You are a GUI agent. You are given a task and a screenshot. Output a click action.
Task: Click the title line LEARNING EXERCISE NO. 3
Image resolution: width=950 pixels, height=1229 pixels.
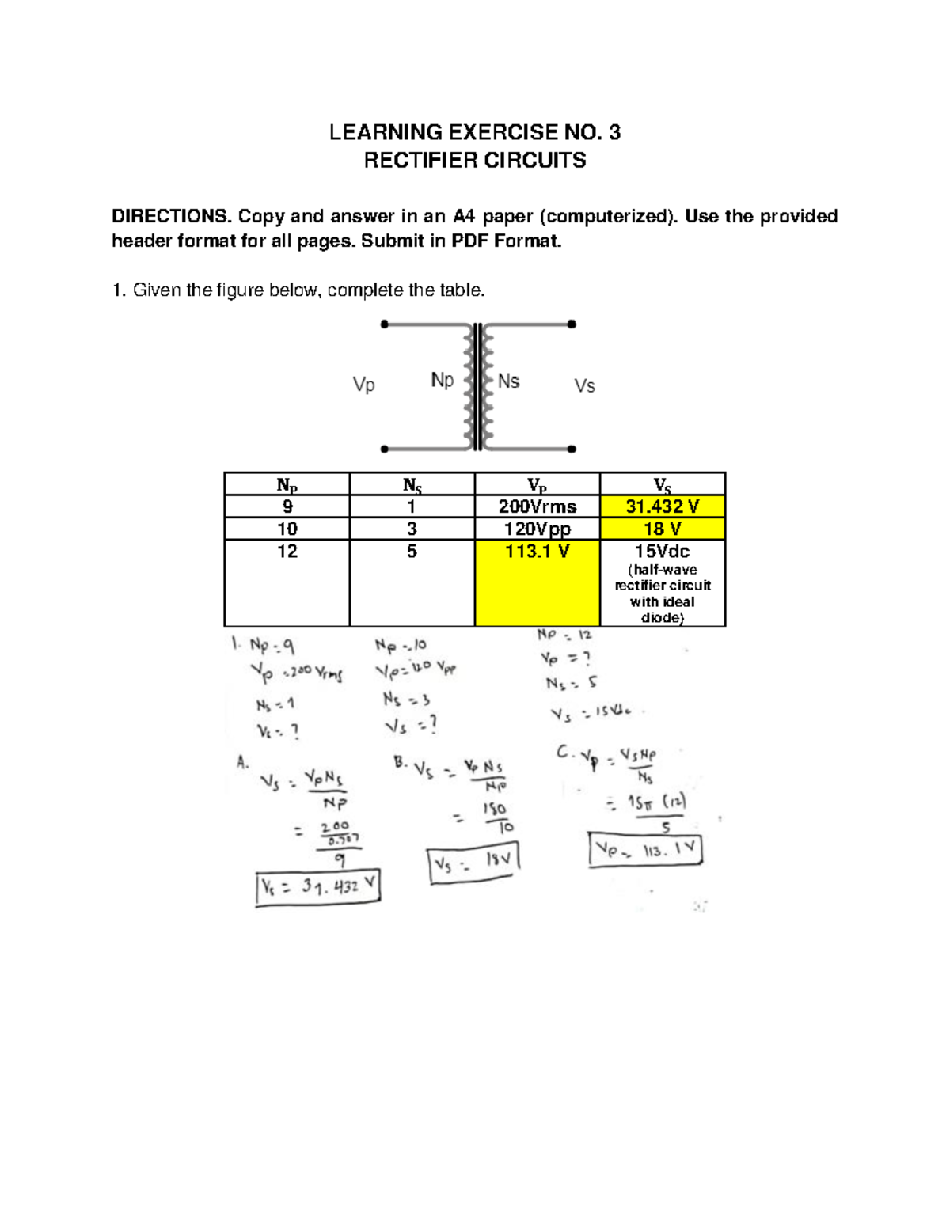pyautogui.click(x=474, y=132)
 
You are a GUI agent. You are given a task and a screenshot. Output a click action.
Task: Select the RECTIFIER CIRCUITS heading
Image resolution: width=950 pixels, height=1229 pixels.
pyautogui.click(x=474, y=161)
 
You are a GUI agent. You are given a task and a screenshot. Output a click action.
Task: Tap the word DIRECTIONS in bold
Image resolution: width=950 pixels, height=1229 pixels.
pyautogui.click(x=170, y=217)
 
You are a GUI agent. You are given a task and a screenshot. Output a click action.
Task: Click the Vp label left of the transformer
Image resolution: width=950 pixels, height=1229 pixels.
pyautogui.click(x=363, y=385)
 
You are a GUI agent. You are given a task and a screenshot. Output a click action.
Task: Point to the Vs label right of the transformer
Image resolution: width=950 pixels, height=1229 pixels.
pyautogui.click(x=584, y=386)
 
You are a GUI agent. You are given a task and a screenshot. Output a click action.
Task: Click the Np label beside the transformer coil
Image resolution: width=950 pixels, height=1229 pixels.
pyautogui.click(x=442, y=381)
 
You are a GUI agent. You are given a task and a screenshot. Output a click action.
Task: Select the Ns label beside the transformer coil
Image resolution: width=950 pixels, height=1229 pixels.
pyautogui.click(x=508, y=381)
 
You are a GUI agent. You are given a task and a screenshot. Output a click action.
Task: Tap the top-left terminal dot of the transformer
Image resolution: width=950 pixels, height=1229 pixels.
pyautogui.click(x=385, y=324)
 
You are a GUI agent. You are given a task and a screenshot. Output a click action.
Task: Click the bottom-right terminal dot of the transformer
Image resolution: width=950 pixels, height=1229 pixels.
pyautogui.click(x=572, y=449)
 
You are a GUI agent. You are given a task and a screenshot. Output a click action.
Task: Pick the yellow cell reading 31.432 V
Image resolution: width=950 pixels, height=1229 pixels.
pyautogui.click(x=663, y=506)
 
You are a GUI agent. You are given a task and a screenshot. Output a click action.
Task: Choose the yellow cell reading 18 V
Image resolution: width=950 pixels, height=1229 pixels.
pyautogui.click(x=663, y=529)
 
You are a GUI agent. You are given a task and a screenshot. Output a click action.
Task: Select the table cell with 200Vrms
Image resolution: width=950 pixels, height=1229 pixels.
pyautogui.click(x=538, y=506)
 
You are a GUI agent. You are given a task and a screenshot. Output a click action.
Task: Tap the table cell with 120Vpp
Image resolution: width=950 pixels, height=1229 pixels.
pyautogui.click(x=538, y=529)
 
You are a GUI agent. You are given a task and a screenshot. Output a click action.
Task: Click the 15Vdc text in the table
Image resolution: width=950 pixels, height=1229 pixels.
pyautogui.click(x=662, y=552)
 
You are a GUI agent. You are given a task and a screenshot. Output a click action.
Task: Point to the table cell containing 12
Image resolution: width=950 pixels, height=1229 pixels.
pyautogui.click(x=287, y=552)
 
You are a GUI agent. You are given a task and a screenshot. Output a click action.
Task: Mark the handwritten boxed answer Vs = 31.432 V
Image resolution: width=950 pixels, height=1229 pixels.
pyautogui.click(x=318, y=888)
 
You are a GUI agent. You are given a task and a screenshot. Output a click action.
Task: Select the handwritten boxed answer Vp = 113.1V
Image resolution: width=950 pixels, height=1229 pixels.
pyautogui.click(x=645, y=851)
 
